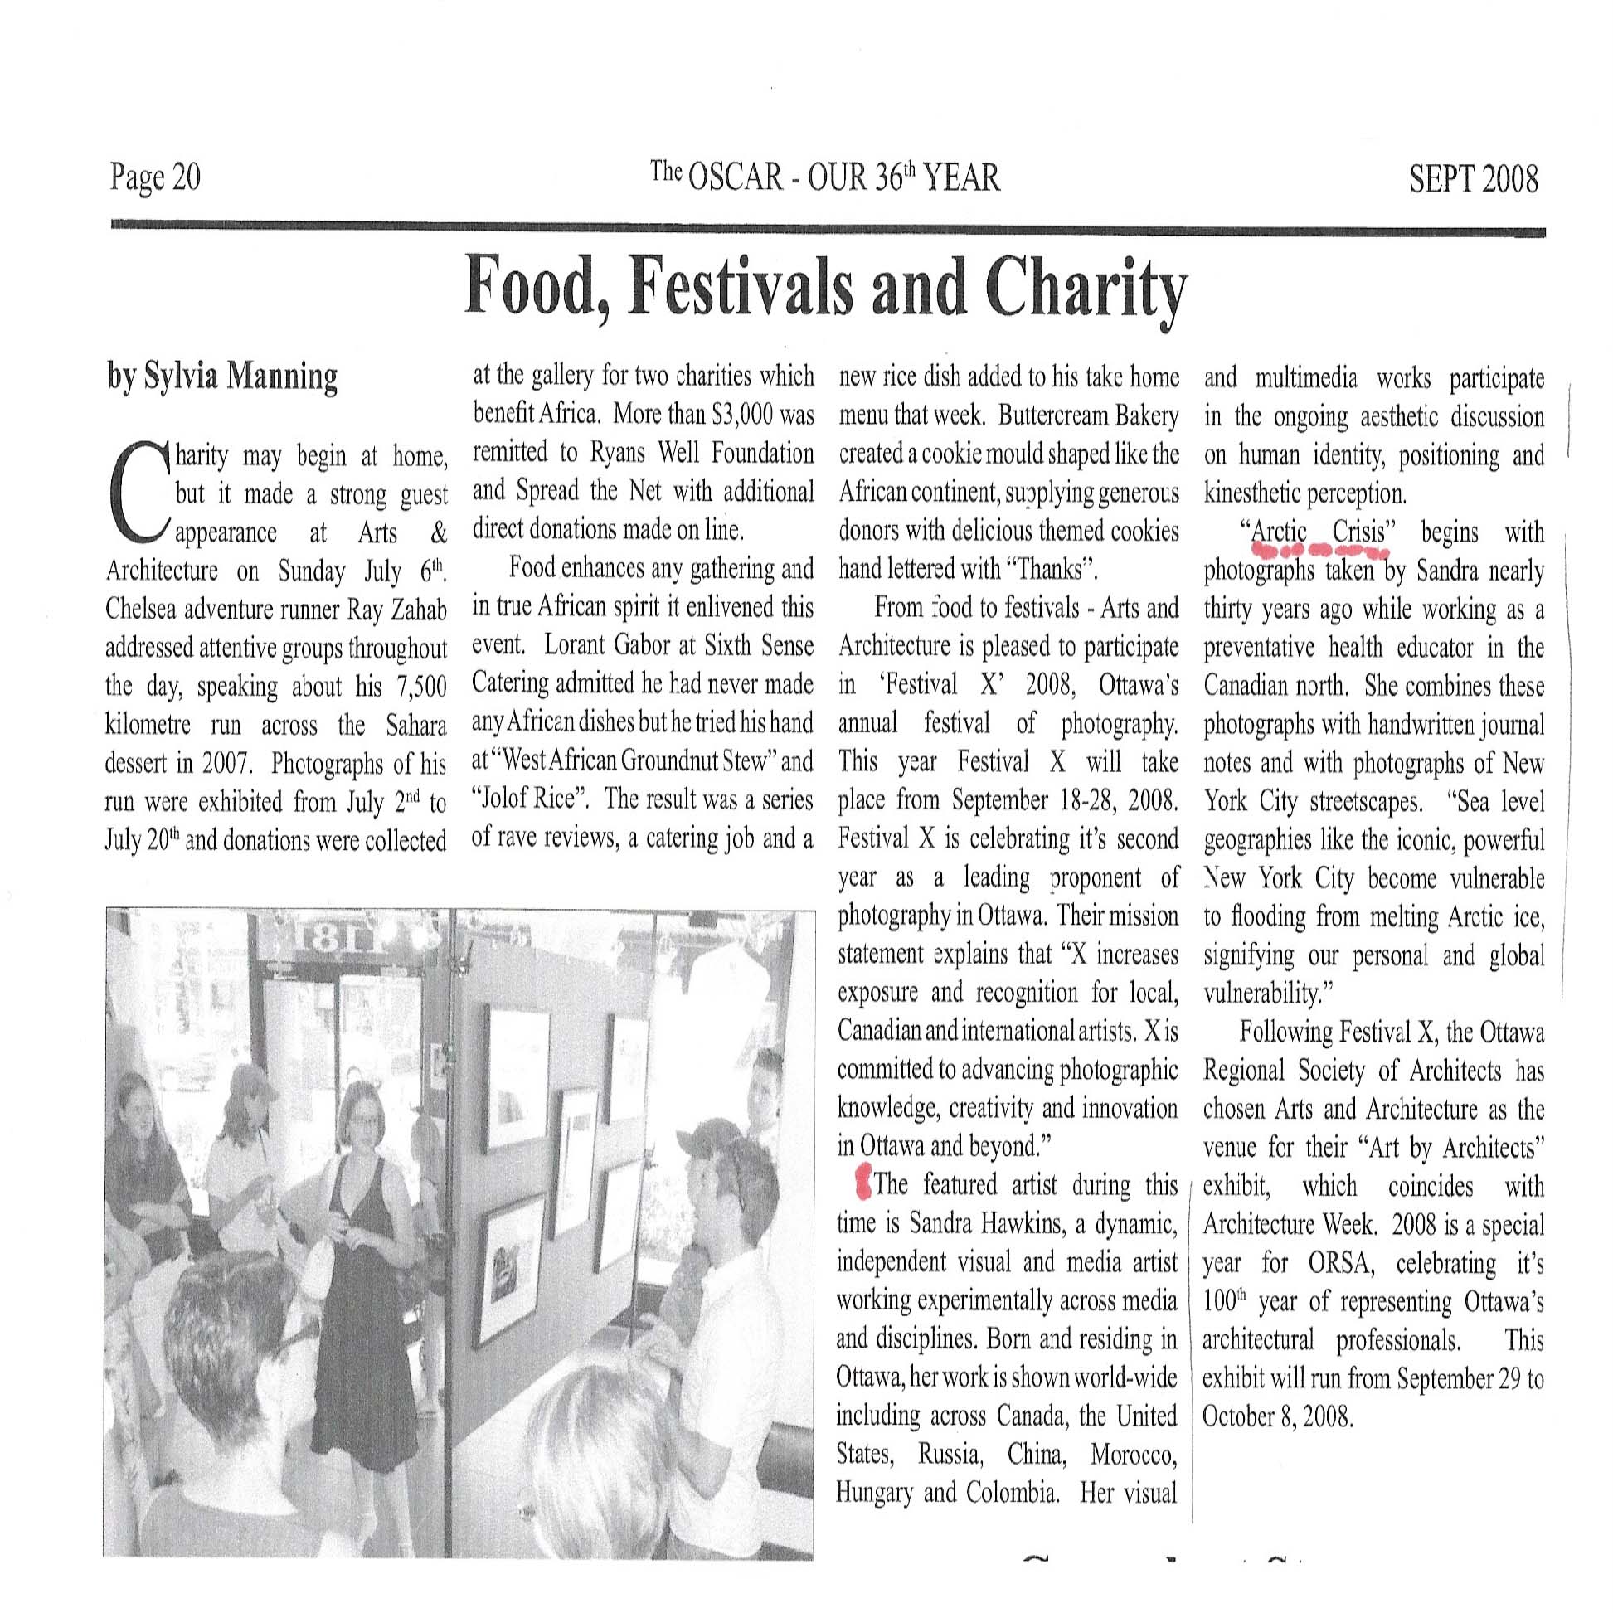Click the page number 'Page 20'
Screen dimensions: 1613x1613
(155, 177)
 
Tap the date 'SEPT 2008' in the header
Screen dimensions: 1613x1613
(1473, 179)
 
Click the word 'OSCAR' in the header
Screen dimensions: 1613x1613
(736, 177)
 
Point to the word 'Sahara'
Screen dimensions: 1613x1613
(415, 725)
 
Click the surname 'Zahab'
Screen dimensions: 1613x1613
(418, 610)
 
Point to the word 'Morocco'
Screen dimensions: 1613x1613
(1133, 1455)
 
